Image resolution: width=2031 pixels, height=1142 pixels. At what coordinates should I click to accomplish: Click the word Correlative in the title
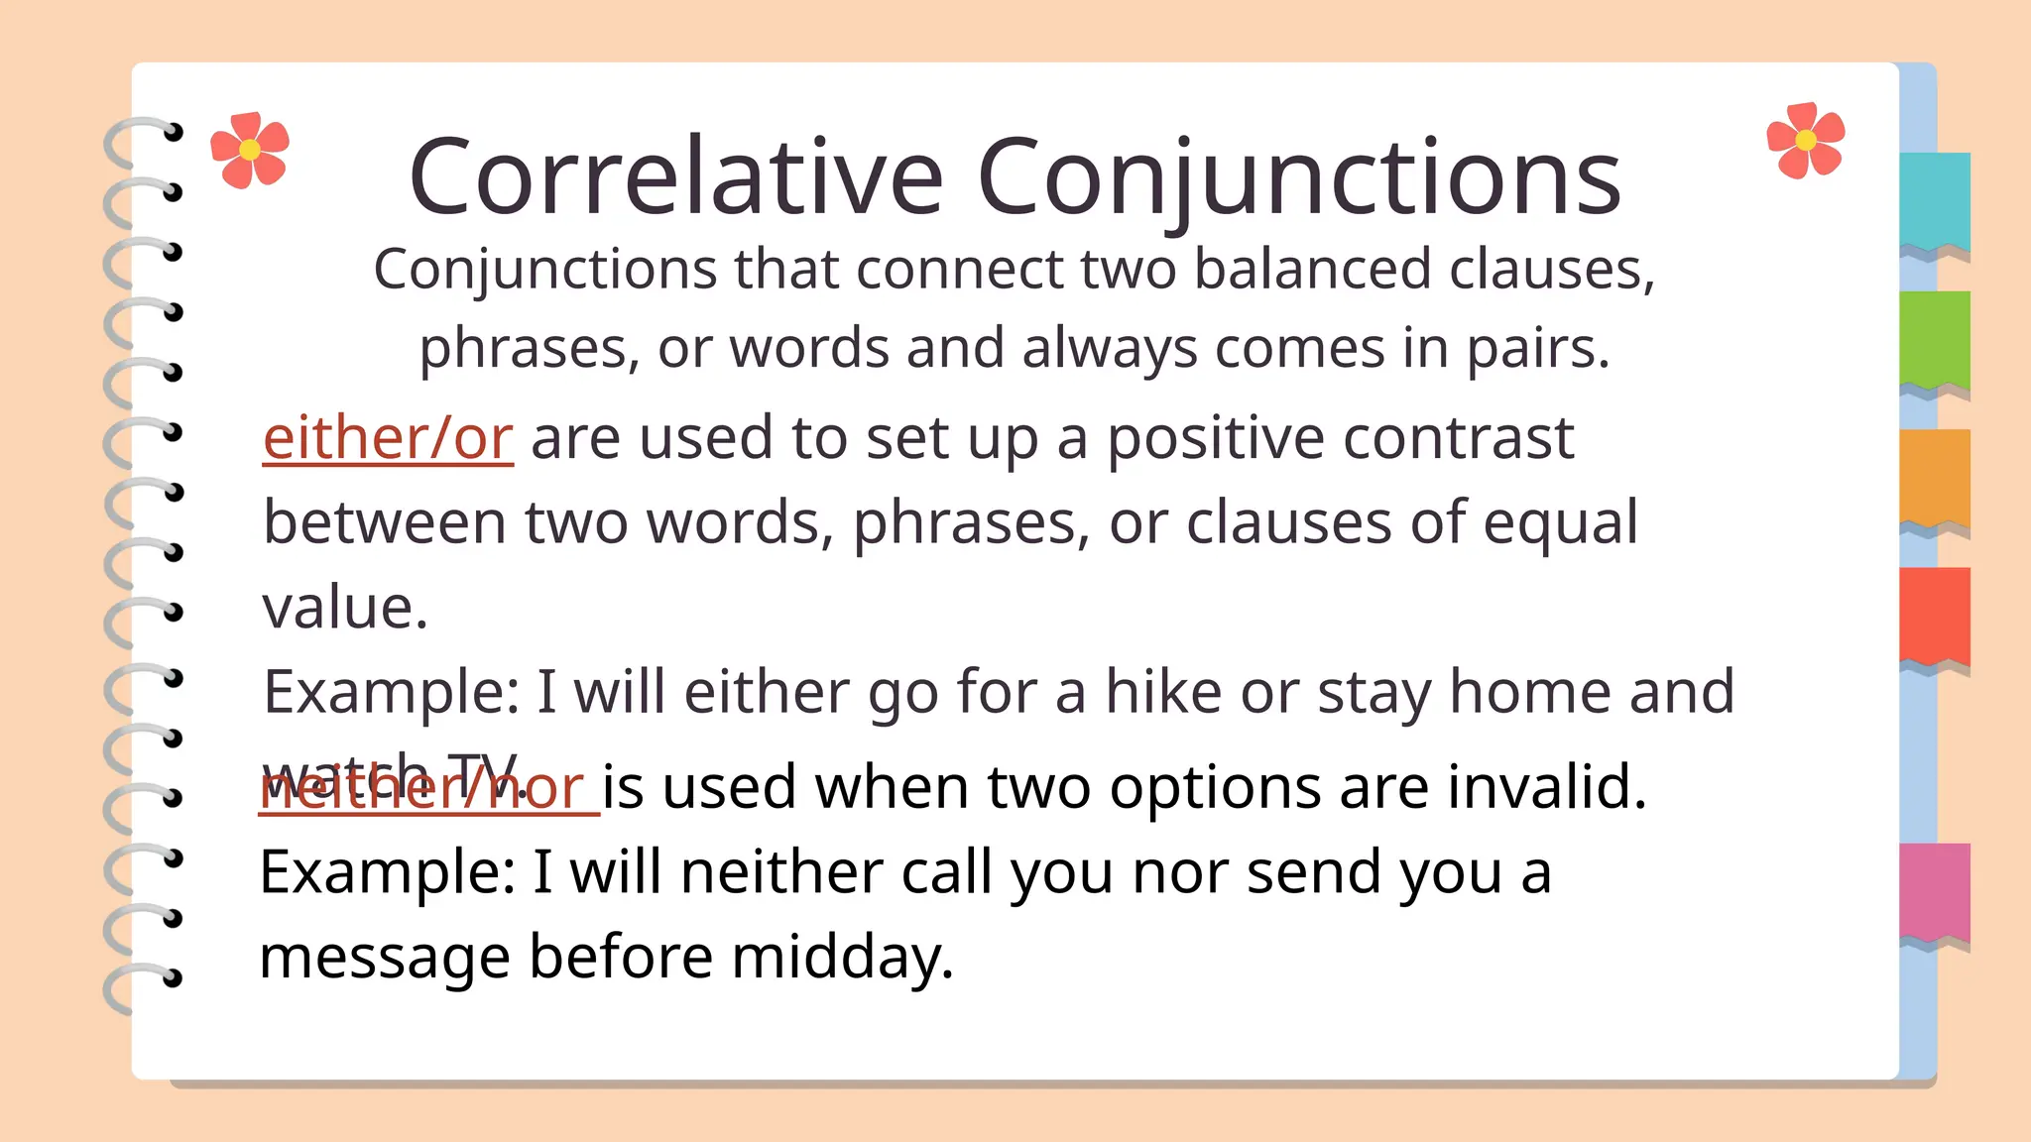(675, 177)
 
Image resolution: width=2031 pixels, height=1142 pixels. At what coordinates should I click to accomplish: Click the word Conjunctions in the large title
(1299, 177)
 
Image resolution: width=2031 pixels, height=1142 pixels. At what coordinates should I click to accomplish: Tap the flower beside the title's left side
(250, 150)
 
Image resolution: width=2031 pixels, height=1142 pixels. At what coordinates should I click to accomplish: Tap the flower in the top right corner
(1806, 141)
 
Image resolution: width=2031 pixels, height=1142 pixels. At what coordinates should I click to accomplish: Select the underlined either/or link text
(388, 438)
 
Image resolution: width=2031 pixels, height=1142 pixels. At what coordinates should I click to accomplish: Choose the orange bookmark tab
(1935, 477)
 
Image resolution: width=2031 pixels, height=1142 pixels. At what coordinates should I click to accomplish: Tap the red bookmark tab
(1935, 615)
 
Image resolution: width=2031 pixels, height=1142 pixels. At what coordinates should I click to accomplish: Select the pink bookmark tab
(1935, 891)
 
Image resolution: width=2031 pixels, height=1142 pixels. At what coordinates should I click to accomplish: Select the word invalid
(1546, 787)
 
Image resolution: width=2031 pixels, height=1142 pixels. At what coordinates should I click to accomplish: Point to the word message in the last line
(385, 958)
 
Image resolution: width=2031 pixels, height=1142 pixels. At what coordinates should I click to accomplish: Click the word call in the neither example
(945, 872)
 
